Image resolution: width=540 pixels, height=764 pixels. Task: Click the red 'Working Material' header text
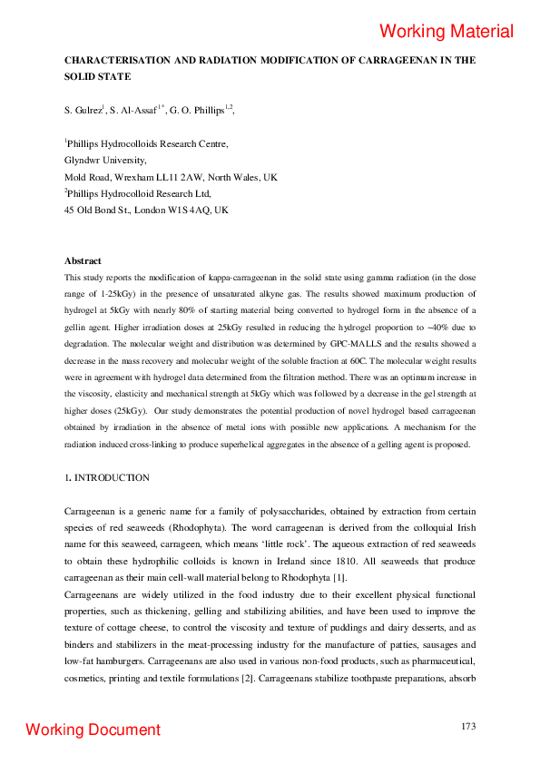point(447,31)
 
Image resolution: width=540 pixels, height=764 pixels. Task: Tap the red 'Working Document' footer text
point(93,730)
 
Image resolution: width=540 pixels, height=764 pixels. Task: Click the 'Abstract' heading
point(83,261)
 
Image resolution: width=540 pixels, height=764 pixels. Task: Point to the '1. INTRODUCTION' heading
point(106,477)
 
